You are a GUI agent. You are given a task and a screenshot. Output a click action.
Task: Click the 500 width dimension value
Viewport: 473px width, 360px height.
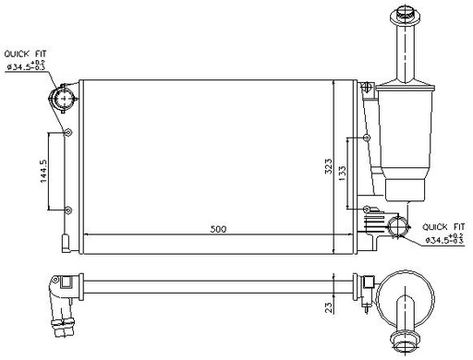[217, 228]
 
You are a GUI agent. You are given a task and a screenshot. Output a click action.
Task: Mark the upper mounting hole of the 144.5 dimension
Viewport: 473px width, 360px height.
[66, 133]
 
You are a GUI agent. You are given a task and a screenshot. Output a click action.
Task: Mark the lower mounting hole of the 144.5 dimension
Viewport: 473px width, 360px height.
[66, 208]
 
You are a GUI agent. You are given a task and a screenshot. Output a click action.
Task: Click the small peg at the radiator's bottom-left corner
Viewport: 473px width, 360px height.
[64, 245]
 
